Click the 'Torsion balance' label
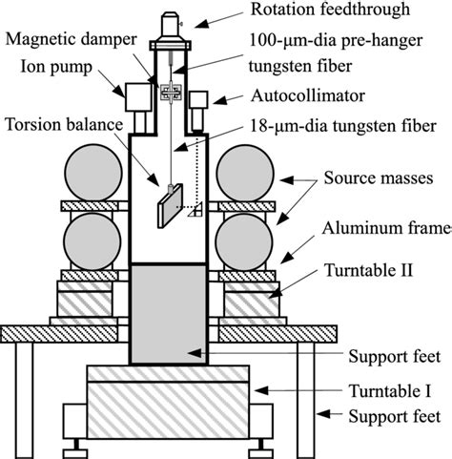point(60,124)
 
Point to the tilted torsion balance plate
point(171,204)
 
